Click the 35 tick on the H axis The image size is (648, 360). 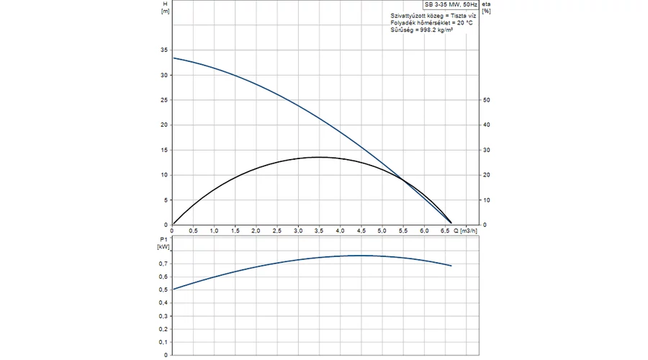coord(164,50)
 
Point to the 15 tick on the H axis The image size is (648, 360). coord(164,150)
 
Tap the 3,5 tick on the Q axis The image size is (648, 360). coord(319,230)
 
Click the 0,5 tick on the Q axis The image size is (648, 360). coord(194,230)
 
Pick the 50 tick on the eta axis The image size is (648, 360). coord(487,100)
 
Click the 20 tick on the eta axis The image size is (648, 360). coord(487,175)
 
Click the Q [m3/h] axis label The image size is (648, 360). coord(465,230)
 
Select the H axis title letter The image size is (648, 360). coord(165,4)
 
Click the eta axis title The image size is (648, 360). coord(486,4)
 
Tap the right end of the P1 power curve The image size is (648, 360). coord(451,266)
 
